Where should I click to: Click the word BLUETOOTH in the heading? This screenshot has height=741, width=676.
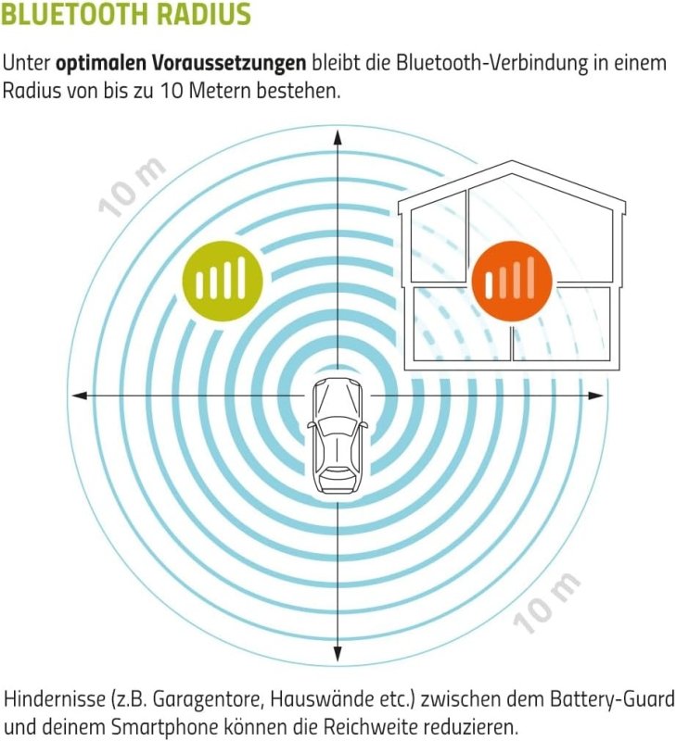84,16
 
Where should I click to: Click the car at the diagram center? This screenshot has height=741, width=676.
337,435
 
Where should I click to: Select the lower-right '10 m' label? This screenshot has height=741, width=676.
548,603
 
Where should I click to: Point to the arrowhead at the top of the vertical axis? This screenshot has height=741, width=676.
337,135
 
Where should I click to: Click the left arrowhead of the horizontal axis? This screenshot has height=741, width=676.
79,396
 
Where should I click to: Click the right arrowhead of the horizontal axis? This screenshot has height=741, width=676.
597,396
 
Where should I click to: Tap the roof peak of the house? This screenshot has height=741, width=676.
511,165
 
